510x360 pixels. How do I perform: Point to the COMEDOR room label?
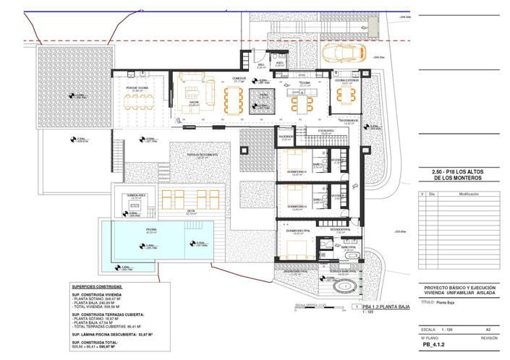[x=239, y=78]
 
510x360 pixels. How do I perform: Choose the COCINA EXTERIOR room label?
[x=347, y=82]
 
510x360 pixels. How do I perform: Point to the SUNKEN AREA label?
[x=136, y=195]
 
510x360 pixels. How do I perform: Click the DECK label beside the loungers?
[x=191, y=212]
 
